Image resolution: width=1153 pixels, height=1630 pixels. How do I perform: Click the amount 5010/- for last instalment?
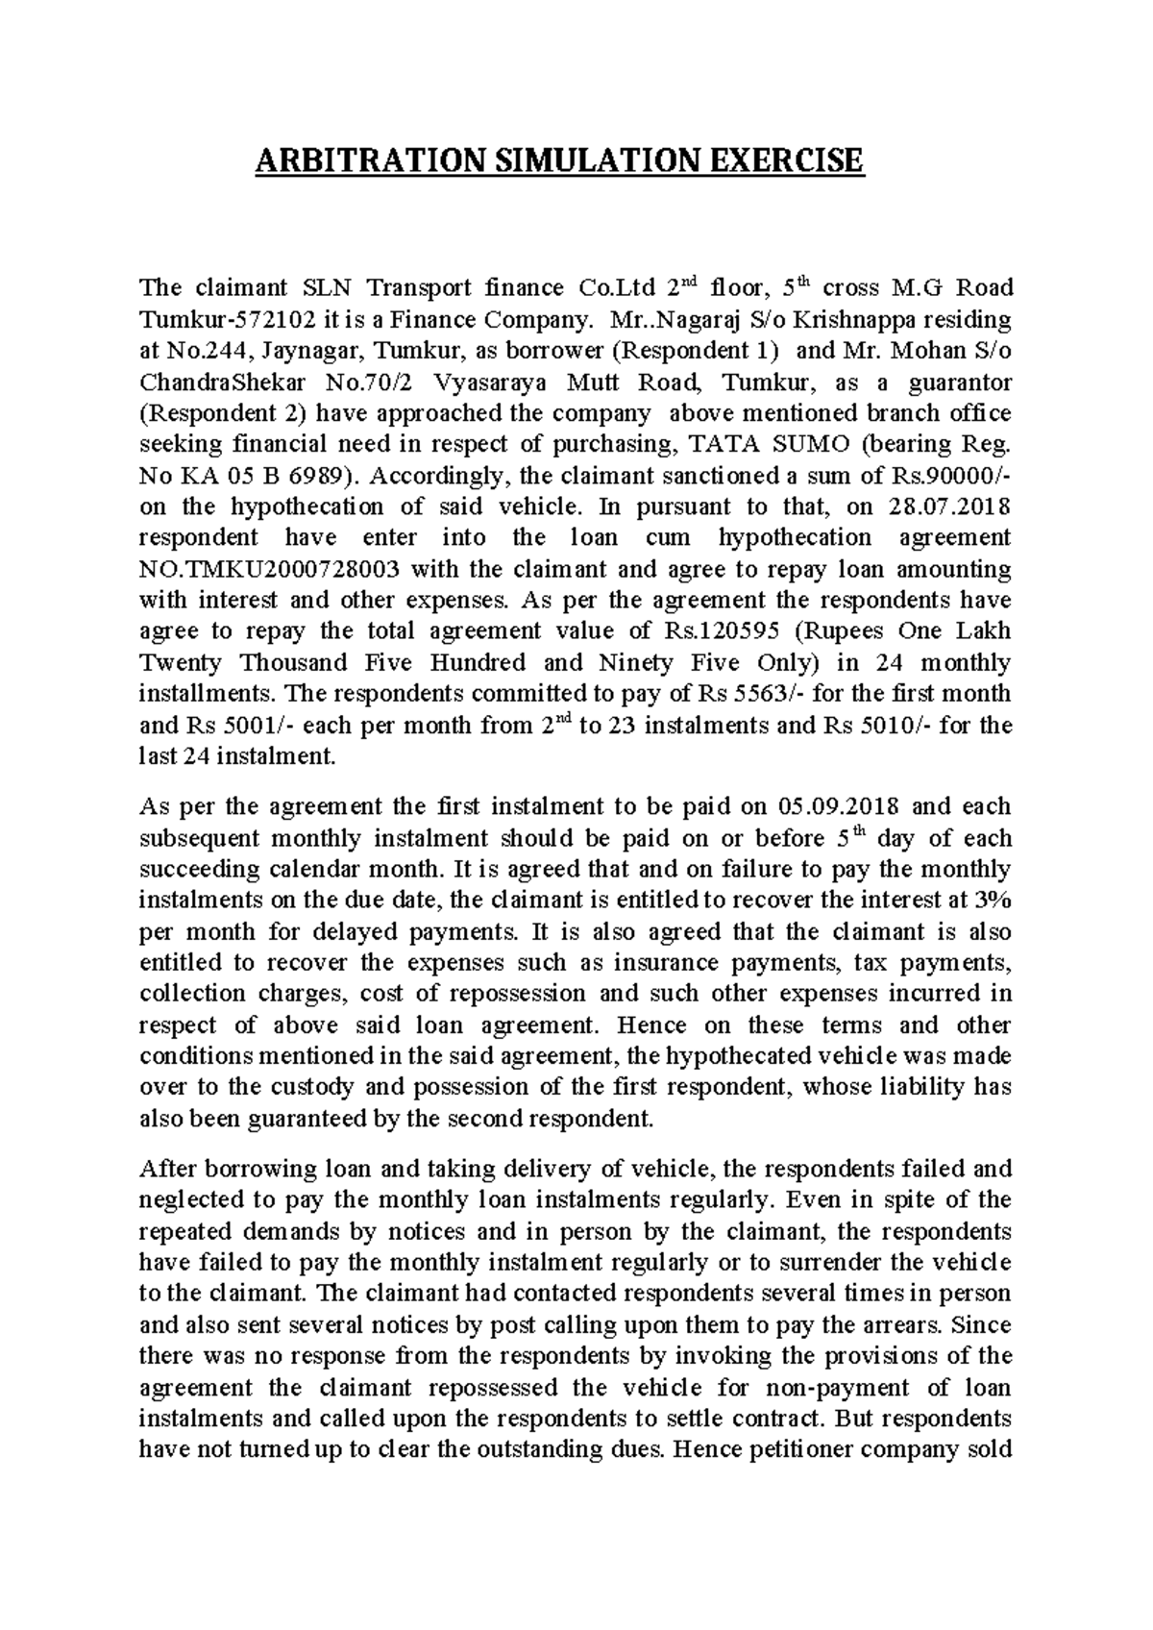point(893,725)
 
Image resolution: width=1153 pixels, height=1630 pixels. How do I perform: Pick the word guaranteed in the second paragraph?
point(320,1119)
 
